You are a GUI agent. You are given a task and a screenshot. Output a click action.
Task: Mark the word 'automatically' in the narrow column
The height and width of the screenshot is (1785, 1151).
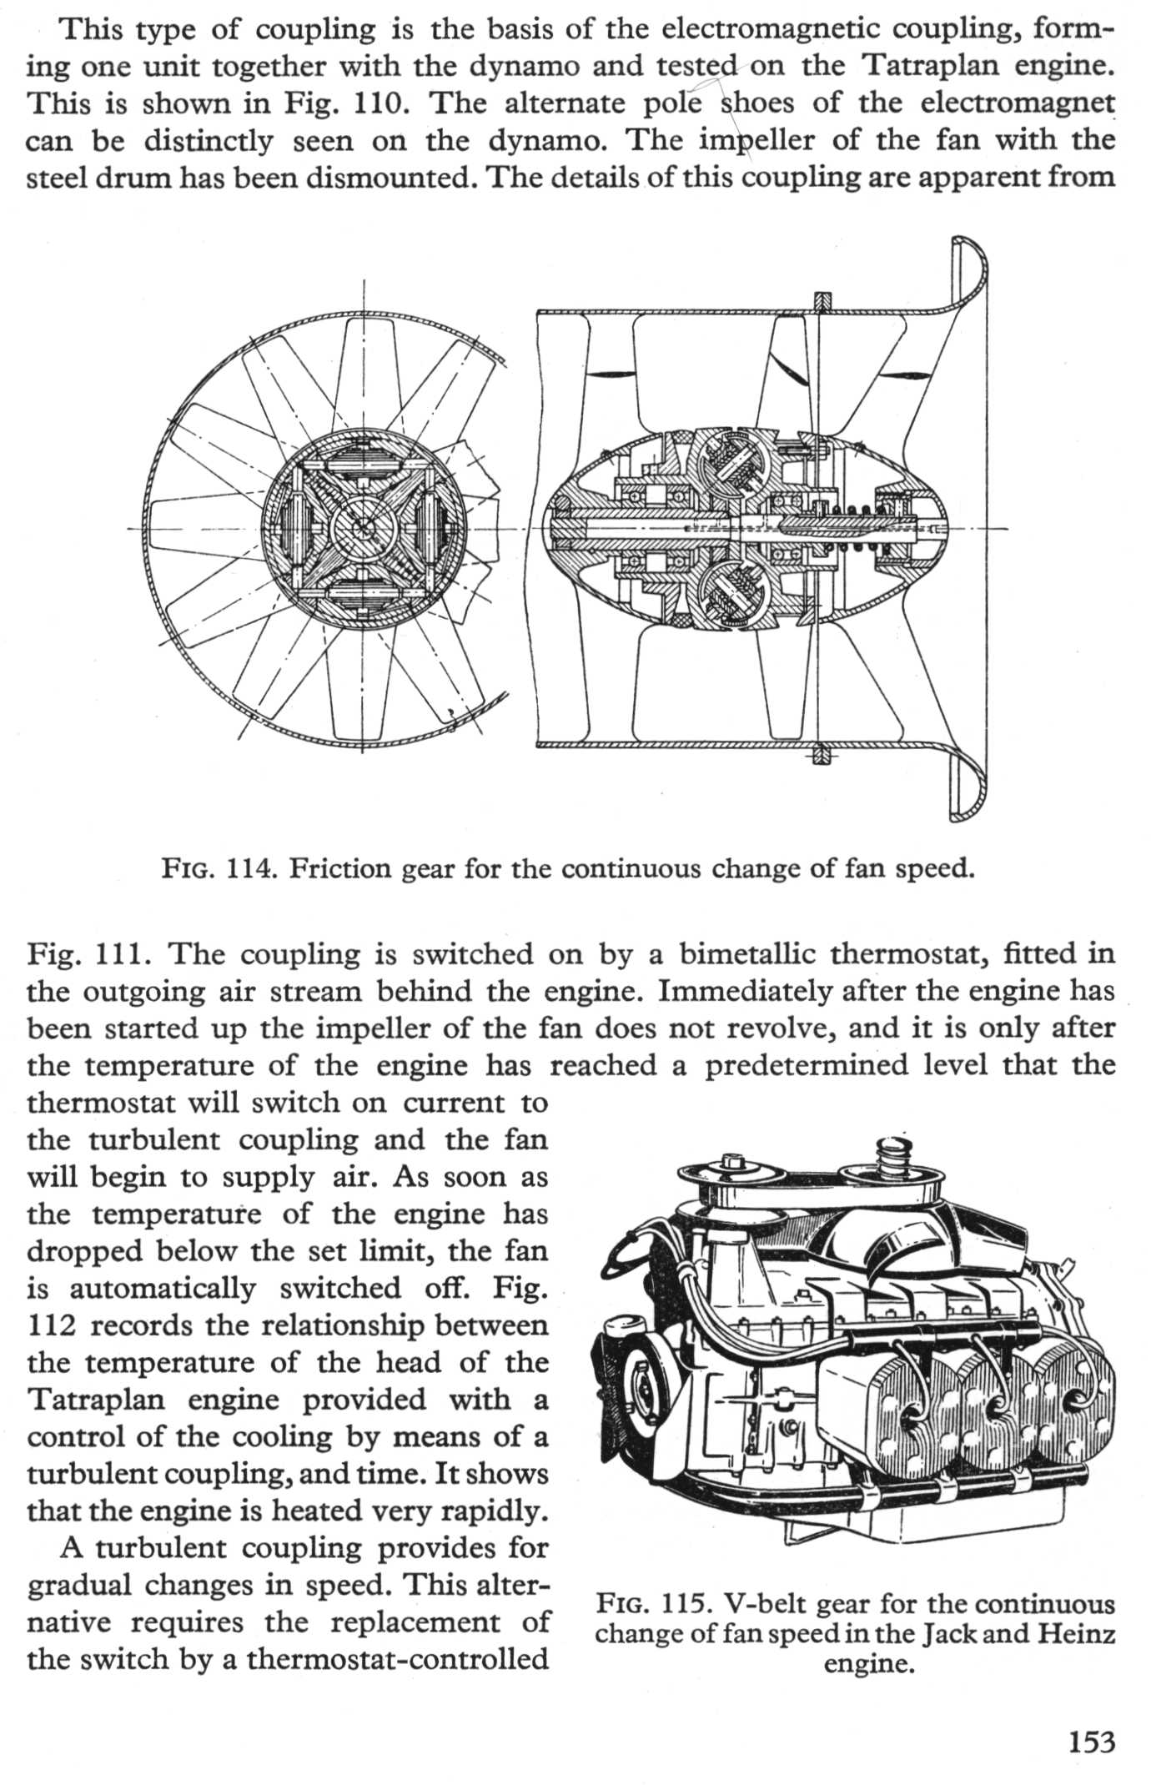(163, 1289)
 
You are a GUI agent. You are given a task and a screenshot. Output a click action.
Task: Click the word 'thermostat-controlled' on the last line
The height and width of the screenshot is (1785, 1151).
(398, 1659)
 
